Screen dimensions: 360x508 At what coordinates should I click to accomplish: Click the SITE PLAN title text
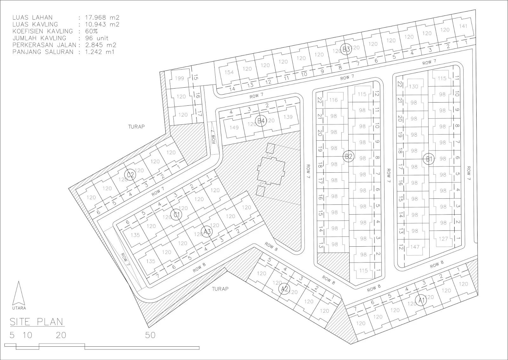click(37, 322)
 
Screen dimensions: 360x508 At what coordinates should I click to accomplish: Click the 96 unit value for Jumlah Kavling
click(97, 38)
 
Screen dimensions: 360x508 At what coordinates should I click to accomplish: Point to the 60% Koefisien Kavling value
click(91, 31)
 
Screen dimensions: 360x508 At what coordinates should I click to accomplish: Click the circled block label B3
click(346, 49)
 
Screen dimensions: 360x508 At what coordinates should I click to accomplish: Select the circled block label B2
click(349, 156)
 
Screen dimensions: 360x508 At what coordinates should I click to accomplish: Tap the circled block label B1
click(429, 159)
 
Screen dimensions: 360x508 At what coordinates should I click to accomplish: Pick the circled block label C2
click(130, 175)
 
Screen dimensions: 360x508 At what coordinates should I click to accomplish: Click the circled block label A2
click(284, 289)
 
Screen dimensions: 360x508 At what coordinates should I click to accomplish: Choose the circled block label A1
click(421, 300)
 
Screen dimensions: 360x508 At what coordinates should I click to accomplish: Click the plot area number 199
click(179, 78)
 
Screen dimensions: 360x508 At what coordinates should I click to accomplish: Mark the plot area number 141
click(463, 26)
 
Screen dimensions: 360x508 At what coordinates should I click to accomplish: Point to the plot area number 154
click(229, 72)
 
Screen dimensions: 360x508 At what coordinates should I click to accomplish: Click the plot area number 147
click(415, 247)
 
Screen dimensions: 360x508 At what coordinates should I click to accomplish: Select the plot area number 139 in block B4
click(288, 117)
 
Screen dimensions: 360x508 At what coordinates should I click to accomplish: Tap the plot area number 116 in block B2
click(333, 100)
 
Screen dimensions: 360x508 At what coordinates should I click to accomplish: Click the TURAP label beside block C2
click(136, 126)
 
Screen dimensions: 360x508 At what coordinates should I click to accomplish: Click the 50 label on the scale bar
click(150, 335)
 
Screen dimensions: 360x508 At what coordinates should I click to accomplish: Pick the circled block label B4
click(261, 121)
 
